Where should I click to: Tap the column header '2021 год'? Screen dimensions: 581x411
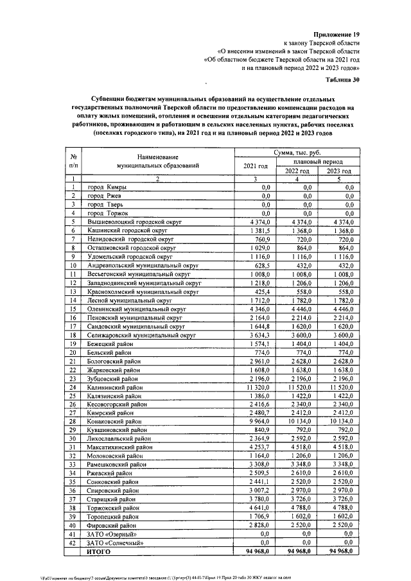(255, 167)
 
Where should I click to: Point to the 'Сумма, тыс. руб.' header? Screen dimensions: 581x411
(296, 153)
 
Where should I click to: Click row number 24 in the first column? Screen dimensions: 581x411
(74, 388)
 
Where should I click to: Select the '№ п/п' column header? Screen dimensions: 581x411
(74, 161)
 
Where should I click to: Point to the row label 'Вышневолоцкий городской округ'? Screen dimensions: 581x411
(137, 221)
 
